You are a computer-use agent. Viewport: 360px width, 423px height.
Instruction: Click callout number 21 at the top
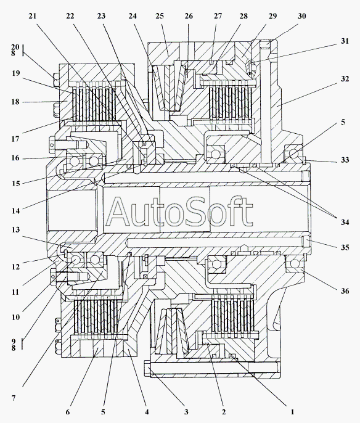[x=32, y=16]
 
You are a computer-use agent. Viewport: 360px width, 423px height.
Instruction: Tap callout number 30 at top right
[x=302, y=16]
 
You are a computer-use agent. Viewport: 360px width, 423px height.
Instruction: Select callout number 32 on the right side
[x=345, y=79]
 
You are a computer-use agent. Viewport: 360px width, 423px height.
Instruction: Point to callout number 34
[x=345, y=222]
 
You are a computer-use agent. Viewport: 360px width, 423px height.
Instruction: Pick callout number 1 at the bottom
[x=292, y=412]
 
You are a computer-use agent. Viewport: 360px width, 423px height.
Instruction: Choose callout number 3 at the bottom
[x=186, y=412]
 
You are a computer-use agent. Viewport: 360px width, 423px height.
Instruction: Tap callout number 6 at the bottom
[x=67, y=412]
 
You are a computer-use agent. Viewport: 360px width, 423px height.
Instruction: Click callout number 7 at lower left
[x=14, y=398]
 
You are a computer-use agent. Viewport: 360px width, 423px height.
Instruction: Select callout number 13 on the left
[x=15, y=230]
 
